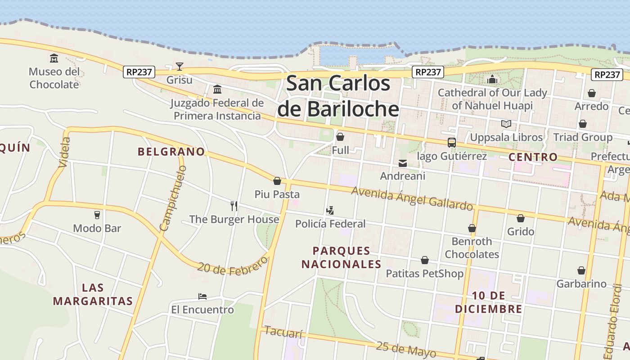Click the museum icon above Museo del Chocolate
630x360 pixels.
coord(54,58)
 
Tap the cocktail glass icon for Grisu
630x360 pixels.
coord(180,67)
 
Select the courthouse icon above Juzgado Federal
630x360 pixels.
coord(217,89)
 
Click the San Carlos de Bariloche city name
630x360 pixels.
coord(338,96)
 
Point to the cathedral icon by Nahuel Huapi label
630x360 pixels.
coord(492,80)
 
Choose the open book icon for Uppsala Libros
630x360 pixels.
coord(506,124)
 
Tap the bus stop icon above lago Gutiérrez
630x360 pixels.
coord(451,143)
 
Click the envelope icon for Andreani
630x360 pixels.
coord(403,163)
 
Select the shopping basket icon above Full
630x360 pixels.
coord(340,136)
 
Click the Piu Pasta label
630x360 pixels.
coord(277,194)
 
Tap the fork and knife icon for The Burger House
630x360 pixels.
coord(234,206)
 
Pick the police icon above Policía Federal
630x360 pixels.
coord(330,210)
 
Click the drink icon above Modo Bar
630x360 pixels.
coord(97,215)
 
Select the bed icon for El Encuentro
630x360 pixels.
coord(202,297)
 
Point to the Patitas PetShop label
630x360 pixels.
coord(424,274)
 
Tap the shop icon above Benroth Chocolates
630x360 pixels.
coord(472,228)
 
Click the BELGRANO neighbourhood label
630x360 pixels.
coord(171,152)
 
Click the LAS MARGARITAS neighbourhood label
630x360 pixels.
coord(93,294)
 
